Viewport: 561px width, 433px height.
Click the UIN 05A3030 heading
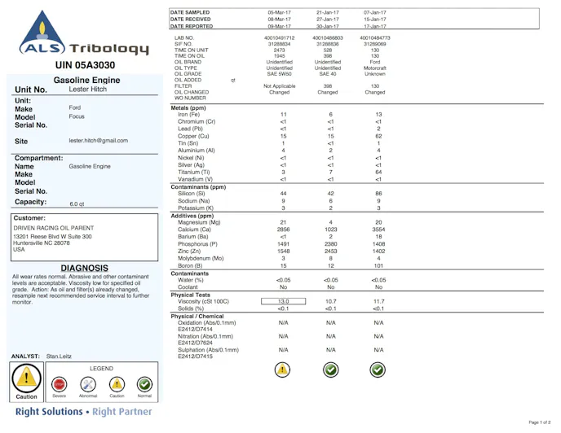(x=85, y=65)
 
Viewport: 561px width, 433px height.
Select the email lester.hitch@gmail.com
(x=99, y=141)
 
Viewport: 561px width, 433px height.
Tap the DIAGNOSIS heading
(x=84, y=268)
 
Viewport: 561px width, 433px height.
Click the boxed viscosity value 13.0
(x=283, y=301)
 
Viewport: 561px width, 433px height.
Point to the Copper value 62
(x=378, y=136)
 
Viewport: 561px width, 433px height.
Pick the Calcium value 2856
(x=283, y=230)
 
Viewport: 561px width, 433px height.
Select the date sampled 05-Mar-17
(x=283, y=13)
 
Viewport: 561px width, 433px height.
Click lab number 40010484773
(x=375, y=37)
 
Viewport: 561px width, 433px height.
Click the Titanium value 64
(x=378, y=172)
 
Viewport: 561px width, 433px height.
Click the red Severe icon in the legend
(x=60, y=383)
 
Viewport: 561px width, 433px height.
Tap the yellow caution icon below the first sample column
(x=282, y=370)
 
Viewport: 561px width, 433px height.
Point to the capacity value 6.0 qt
(x=78, y=204)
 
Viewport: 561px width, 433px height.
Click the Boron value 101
(x=378, y=265)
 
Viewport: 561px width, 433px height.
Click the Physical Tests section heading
(x=191, y=295)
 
